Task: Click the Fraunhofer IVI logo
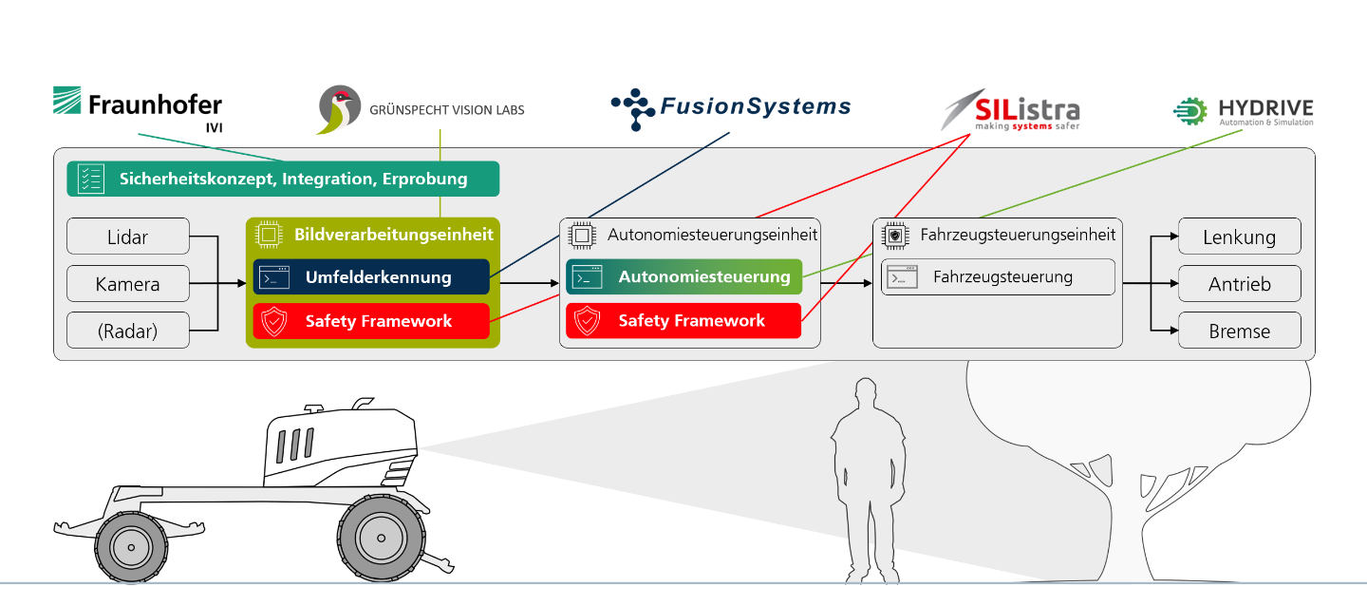point(137,108)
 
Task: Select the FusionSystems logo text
point(754,106)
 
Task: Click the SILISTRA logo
point(1010,110)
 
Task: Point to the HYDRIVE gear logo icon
point(1191,111)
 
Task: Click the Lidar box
point(128,237)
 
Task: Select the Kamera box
point(128,284)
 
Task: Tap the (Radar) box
point(128,331)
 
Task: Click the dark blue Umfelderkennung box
point(371,277)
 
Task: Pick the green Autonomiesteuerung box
point(684,277)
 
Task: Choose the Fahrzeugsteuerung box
point(998,277)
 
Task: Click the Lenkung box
point(1239,237)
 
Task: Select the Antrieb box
point(1239,284)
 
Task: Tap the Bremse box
point(1239,331)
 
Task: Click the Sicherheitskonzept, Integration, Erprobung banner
point(283,179)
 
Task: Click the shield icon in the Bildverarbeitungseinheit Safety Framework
point(274,322)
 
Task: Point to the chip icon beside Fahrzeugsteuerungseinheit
point(892,235)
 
